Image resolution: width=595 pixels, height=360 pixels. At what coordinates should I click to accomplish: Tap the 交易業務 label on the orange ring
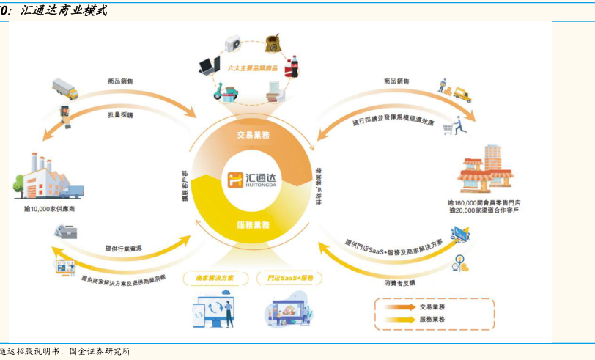(x=254, y=135)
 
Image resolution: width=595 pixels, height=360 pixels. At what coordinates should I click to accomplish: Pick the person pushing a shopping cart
(x=454, y=125)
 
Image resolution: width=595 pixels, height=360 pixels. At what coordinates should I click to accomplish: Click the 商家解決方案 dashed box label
(x=215, y=279)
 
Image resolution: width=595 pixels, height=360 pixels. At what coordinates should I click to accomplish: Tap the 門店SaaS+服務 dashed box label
(x=290, y=279)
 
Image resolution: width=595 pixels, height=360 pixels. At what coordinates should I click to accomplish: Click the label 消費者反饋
(x=399, y=282)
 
